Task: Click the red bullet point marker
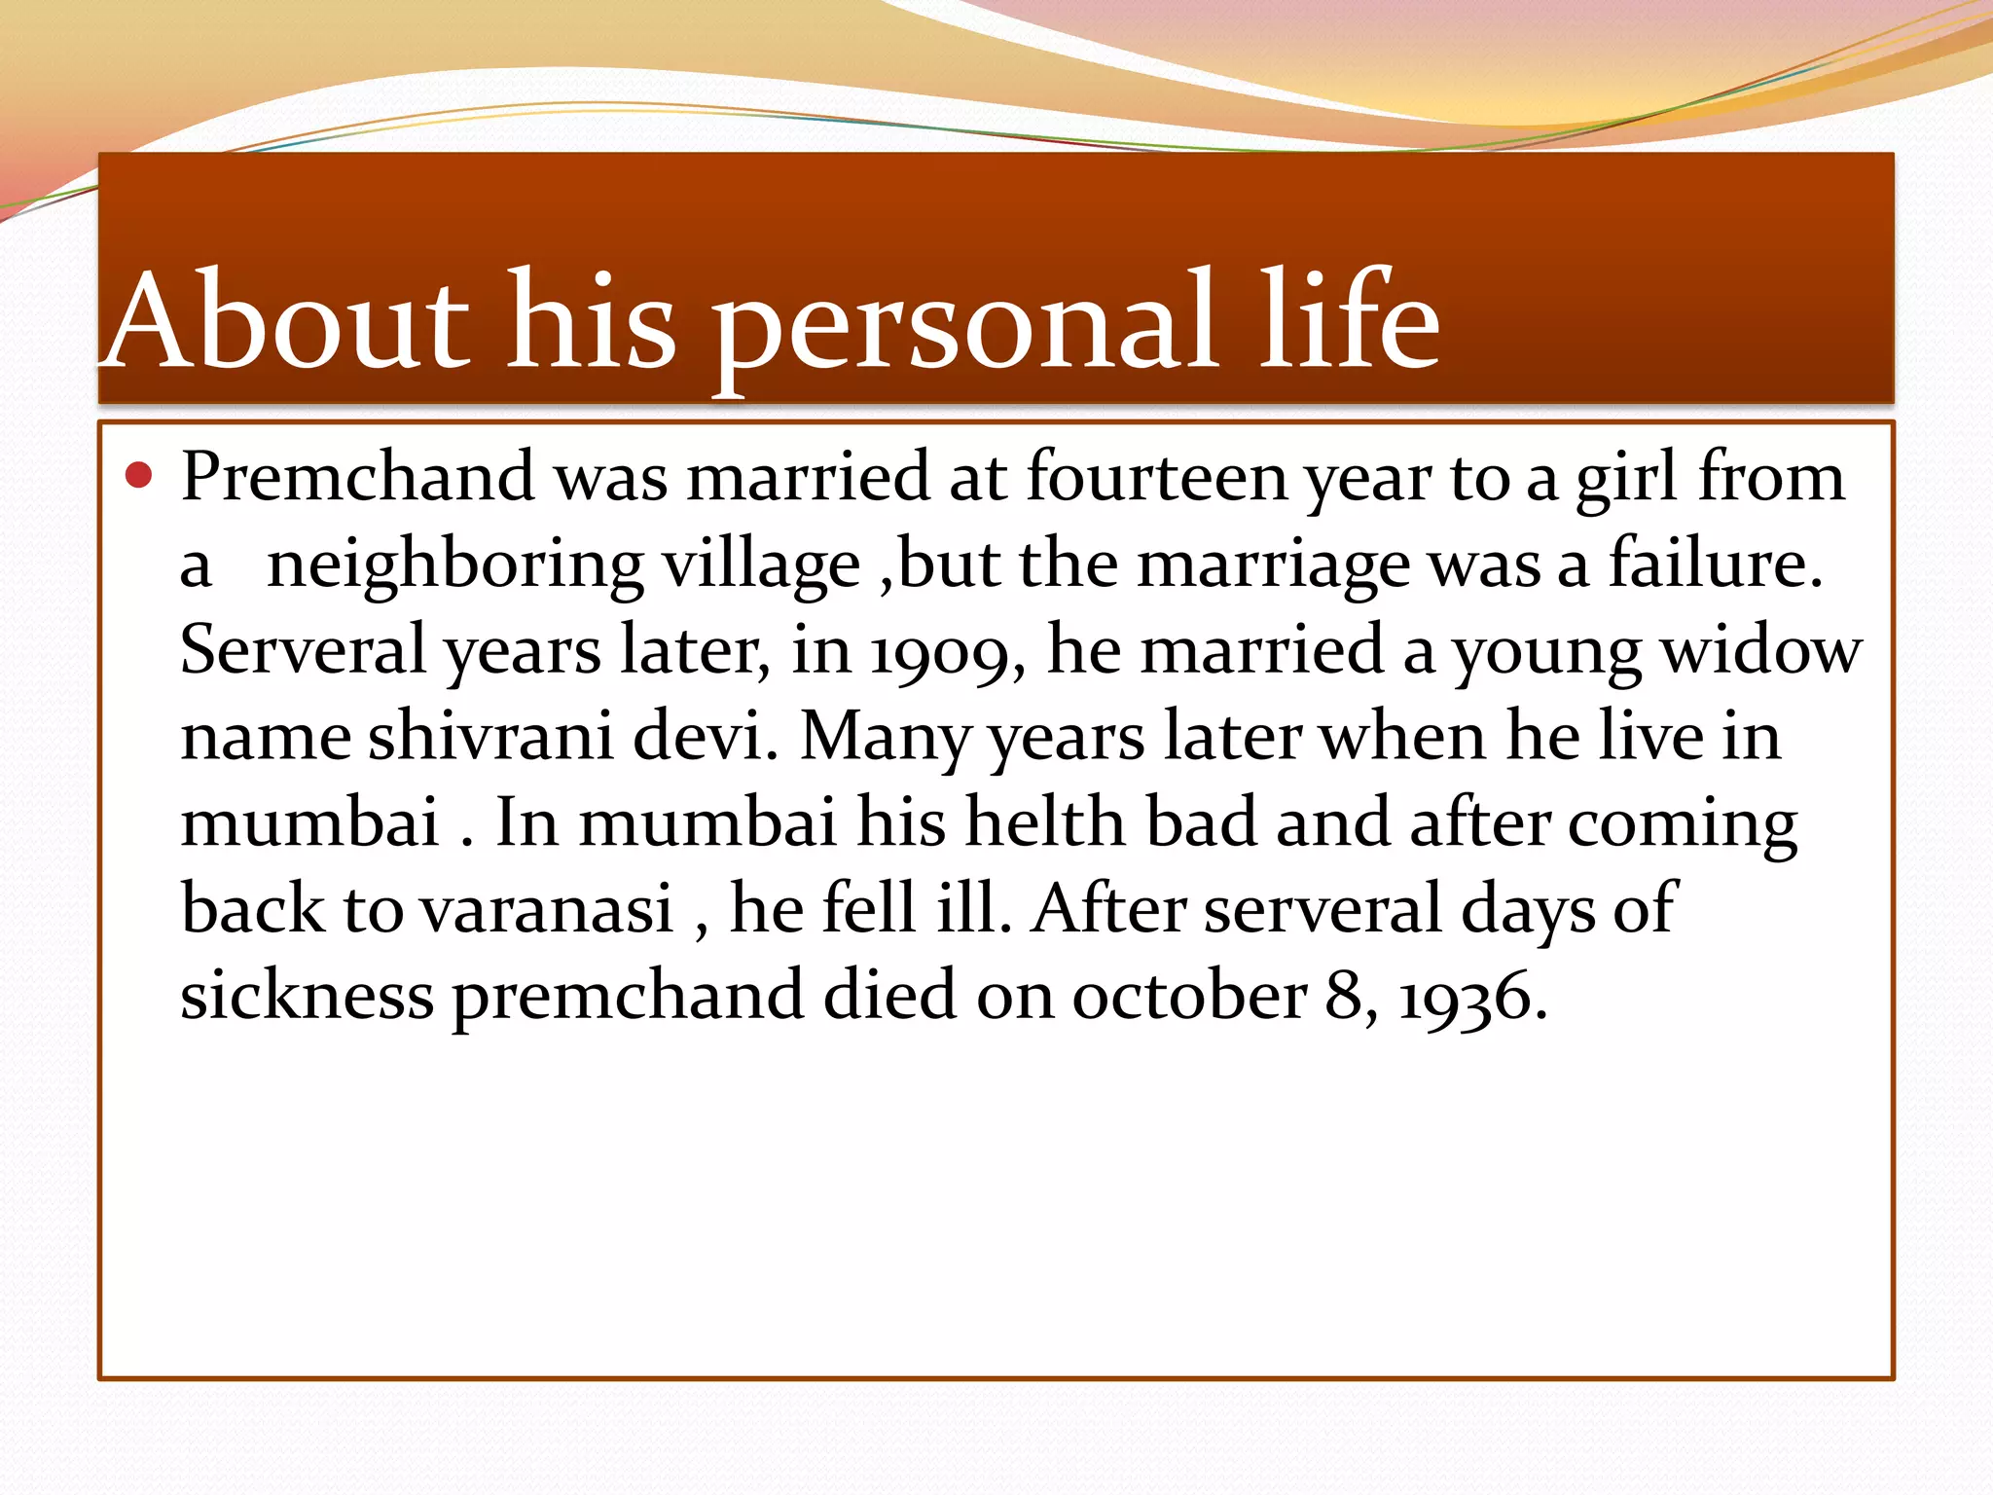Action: coord(140,476)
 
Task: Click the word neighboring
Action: coord(454,567)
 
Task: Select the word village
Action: coord(762,567)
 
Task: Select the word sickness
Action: coord(308,995)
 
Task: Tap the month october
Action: coord(1188,995)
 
